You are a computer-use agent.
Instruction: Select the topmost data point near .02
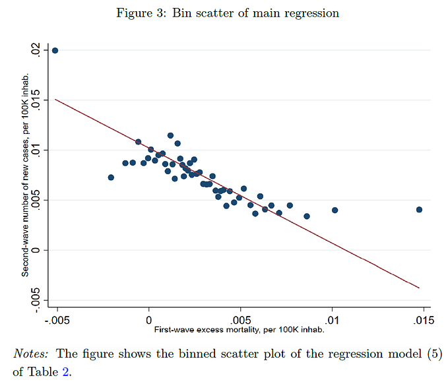[55, 50]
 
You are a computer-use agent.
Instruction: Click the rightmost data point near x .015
[419, 210]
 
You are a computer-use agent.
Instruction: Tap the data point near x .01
[335, 210]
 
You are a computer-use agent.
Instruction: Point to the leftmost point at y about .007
[111, 177]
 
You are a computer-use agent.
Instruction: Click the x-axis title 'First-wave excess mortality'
[238, 329]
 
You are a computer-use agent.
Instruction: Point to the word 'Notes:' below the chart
[30, 354]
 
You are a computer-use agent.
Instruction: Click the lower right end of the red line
[418, 288]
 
